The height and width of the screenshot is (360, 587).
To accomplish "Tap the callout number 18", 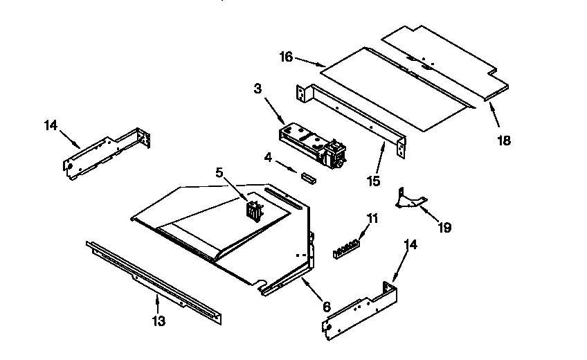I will (x=503, y=141).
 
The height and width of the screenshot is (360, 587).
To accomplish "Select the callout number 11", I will (x=372, y=219).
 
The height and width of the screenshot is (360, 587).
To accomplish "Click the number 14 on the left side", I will (x=51, y=125).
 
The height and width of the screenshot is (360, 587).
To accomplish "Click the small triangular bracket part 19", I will (x=409, y=199).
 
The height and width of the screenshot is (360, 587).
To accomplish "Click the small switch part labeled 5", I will (x=255, y=210).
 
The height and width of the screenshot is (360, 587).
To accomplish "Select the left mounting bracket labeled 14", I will (x=107, y=152).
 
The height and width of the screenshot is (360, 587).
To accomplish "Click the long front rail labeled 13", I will (x=154, y=280).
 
